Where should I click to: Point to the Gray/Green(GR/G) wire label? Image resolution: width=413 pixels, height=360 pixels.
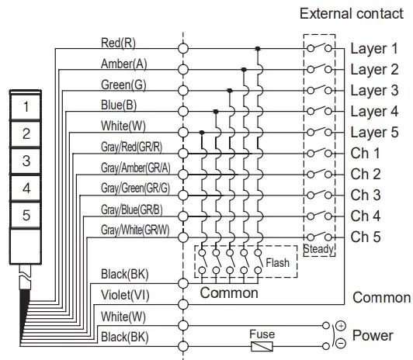point(136,189)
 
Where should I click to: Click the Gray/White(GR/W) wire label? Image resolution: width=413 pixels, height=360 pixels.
point(136,230)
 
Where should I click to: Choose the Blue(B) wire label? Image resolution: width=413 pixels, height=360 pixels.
point(119,105)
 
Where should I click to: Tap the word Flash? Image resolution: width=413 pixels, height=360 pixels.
point(277,262)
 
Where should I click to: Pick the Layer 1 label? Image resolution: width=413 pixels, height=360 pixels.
point(373,48)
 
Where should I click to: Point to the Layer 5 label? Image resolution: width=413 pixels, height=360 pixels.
point(373,132)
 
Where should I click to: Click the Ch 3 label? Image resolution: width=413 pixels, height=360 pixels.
point(365,195)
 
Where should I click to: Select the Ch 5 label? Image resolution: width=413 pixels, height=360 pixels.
point(365,237)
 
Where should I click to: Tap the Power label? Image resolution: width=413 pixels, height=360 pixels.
point(372,336)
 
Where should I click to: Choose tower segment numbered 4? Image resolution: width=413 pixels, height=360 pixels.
point(26,189)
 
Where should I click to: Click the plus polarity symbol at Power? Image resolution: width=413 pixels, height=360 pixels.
point(339,326)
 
